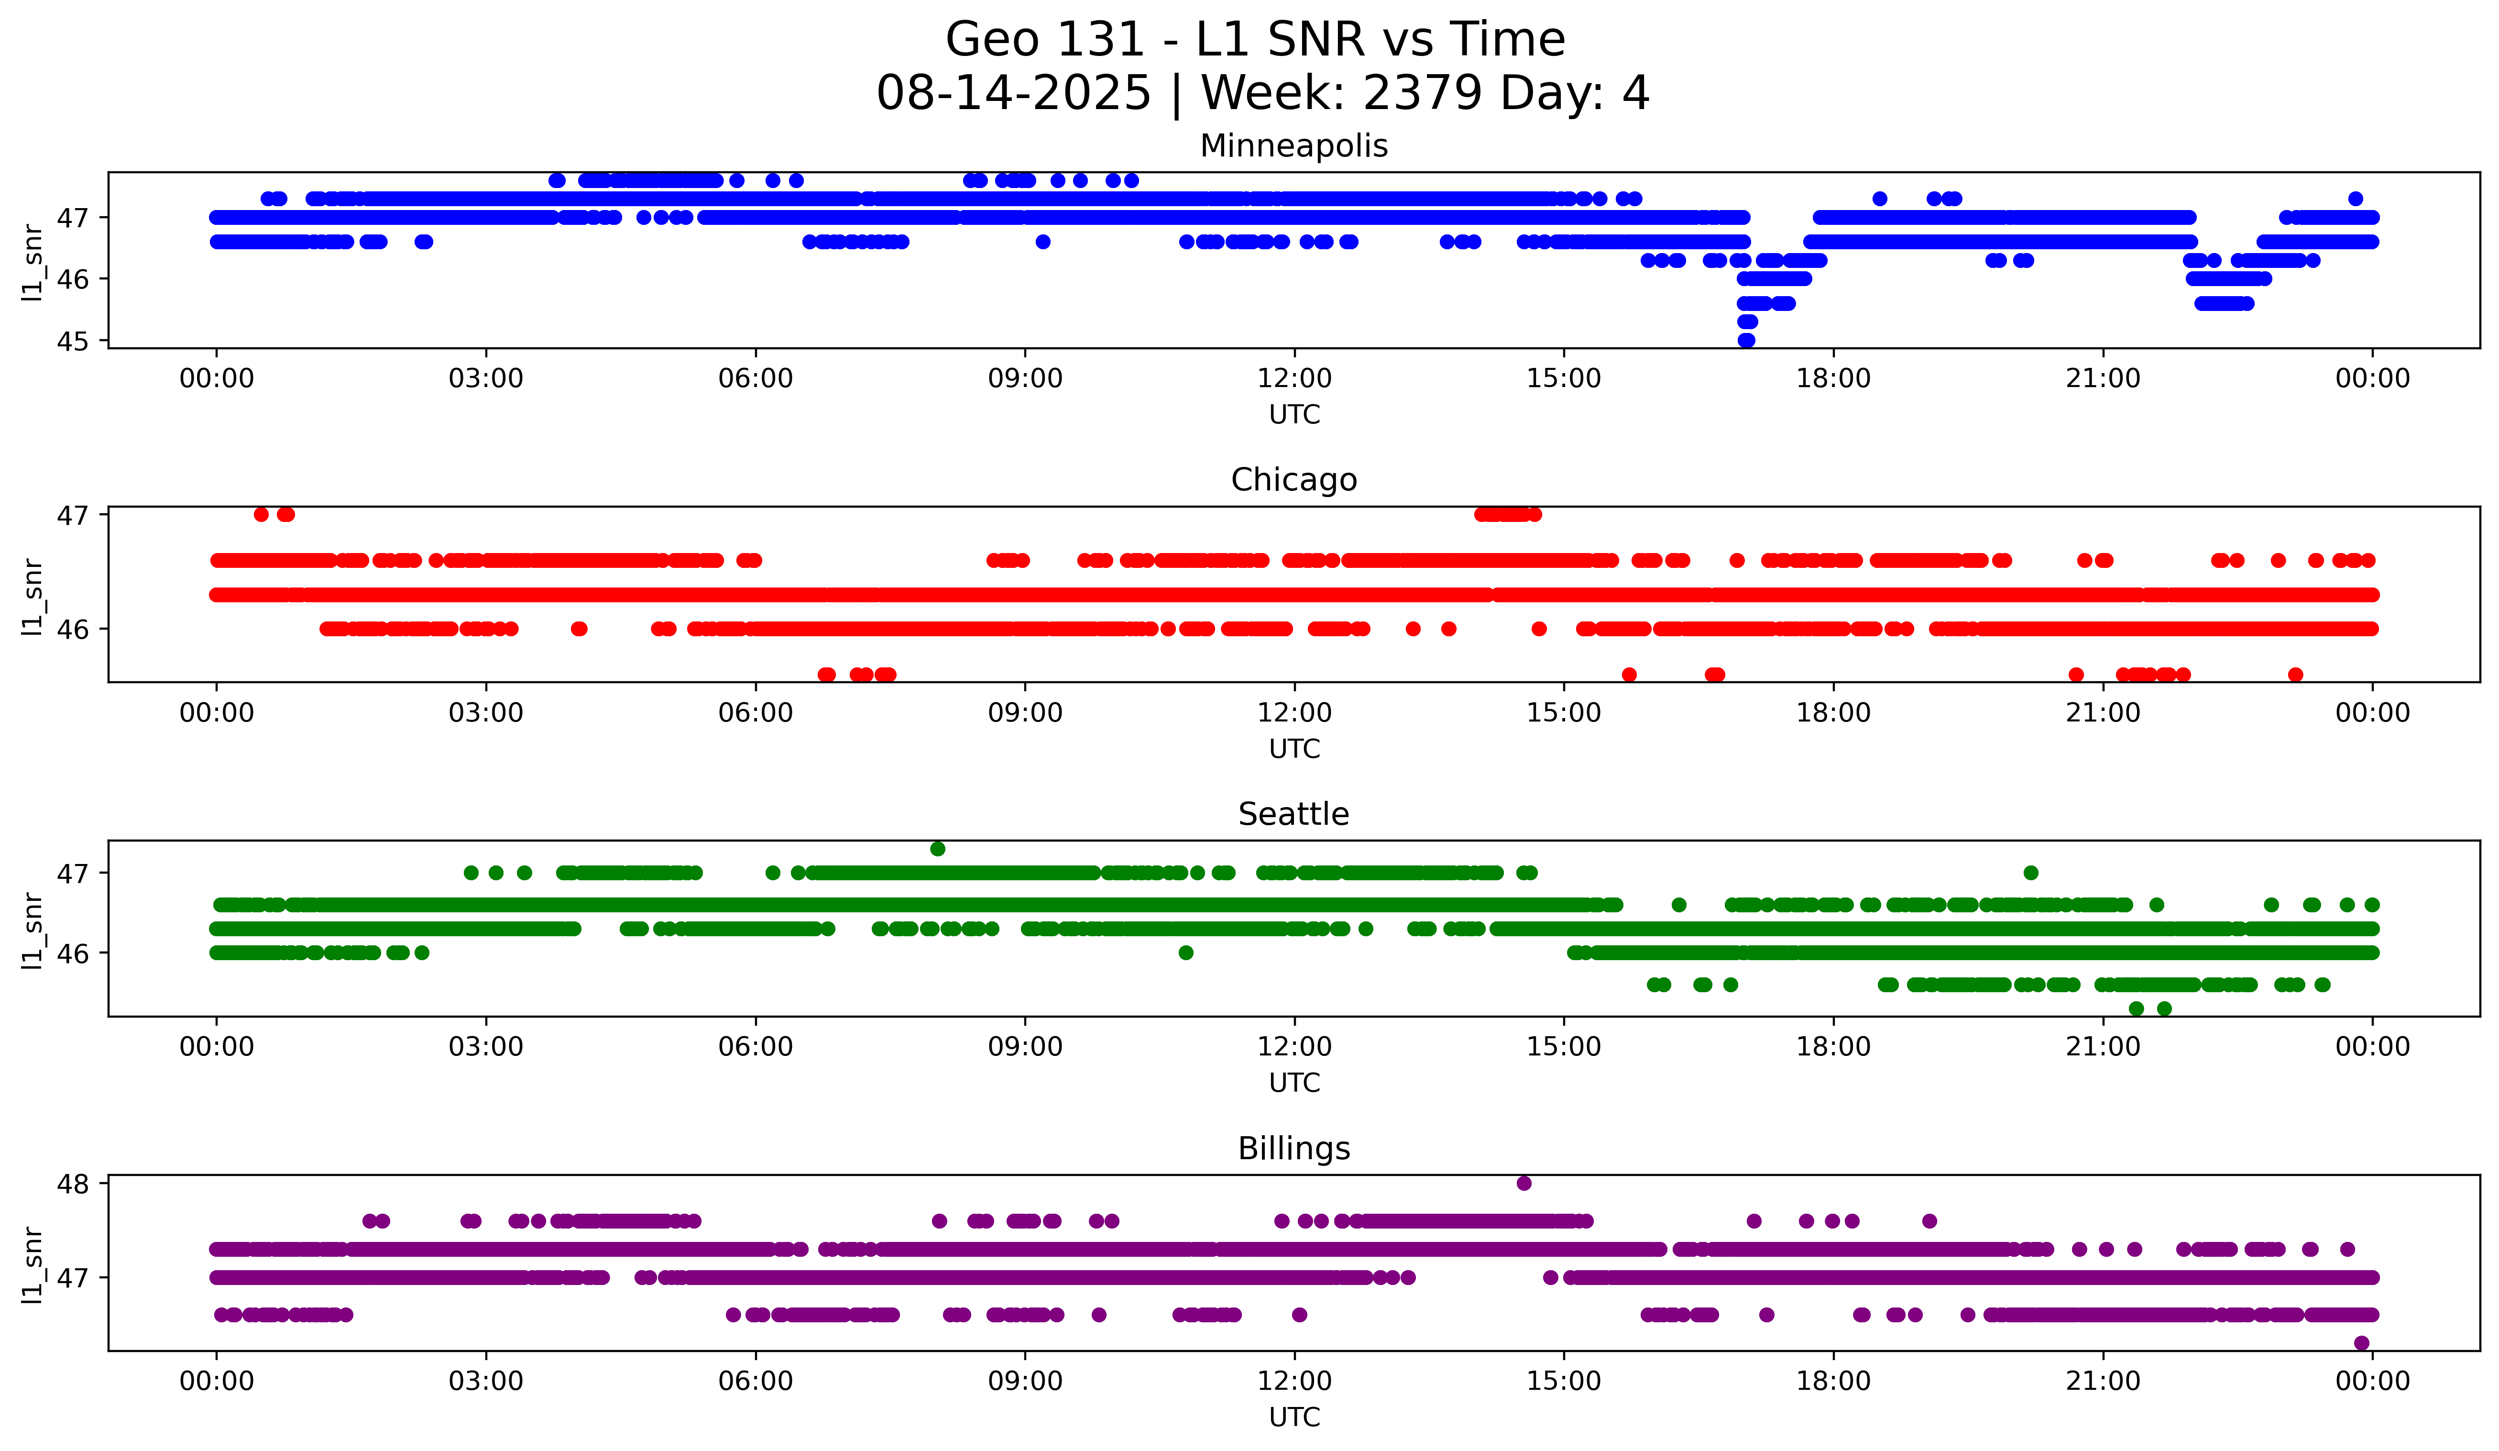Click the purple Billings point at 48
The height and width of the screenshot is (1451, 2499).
pos(1524,1183)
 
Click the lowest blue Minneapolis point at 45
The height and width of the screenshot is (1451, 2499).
pos(1746,340)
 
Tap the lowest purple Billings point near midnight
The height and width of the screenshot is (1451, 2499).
pos(2361,1343)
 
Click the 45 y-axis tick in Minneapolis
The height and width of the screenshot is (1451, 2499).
pos(72,341)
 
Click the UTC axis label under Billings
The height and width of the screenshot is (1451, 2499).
pos(1294,1418)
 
